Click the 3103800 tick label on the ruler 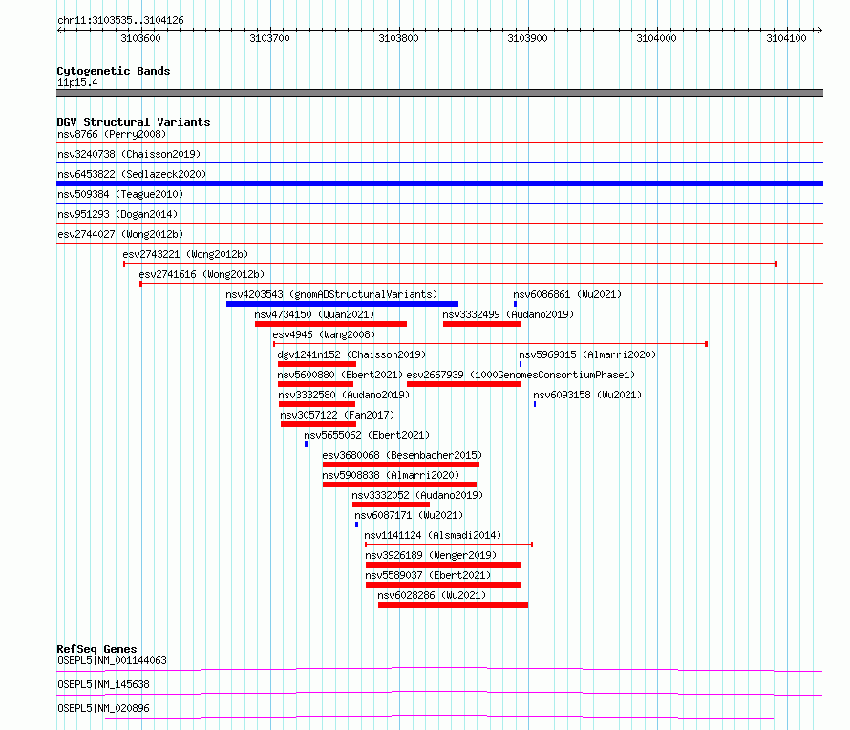[x=398, y=38]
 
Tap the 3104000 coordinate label [x=656, y=38]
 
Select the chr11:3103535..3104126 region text [x=121, y=21]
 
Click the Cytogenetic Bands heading [x=114, y=71]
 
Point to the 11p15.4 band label [x=77, y=82]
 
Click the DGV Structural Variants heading [x=134, y=122]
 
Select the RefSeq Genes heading [x=96, y=649]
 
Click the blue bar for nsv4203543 [x=342, y=304]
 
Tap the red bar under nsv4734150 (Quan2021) [x=330, y=324]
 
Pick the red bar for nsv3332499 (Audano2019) [x=482, y=324]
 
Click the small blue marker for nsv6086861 [x=515, y=304]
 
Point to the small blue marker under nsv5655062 [x=306, y=444]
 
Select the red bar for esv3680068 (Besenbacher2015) [x=400, y=464]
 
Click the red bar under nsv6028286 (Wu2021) [x=453, y=605]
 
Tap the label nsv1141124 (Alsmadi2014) [x=433, y=535]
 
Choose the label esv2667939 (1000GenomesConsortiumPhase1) [x=521, y=375]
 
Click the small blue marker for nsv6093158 [x=535, y=404]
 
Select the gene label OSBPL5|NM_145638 [x=103, y=684]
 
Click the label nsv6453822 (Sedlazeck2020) [x=132, y=174]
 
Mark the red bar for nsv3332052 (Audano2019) [x=391, y=505]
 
